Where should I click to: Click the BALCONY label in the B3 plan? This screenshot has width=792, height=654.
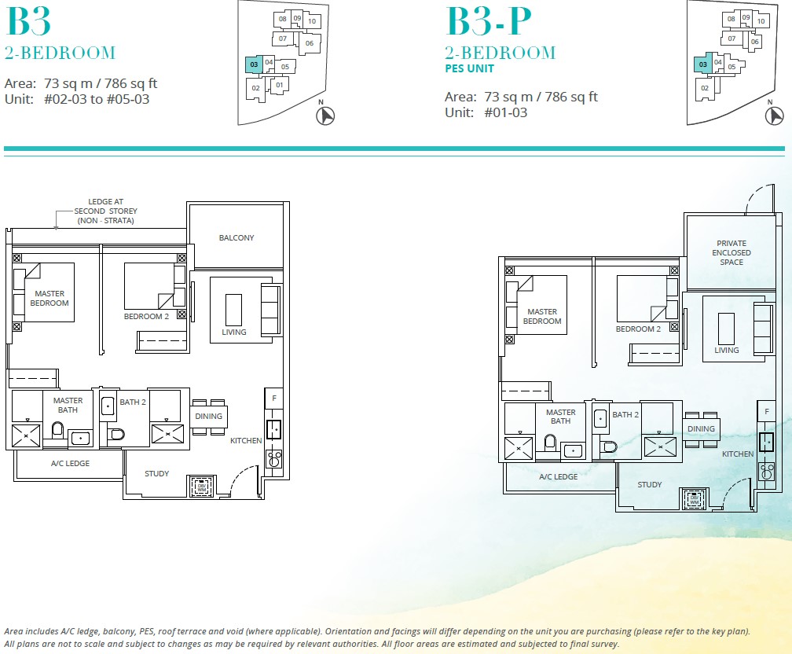pos(236,237)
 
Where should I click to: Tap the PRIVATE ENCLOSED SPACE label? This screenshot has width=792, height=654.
pos(731,252)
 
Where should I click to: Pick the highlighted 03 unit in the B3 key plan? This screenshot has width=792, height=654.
pos(254,64)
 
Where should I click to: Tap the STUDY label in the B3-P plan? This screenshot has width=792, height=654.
pos(650,484)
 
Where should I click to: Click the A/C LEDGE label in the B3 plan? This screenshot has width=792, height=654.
pos(71,463)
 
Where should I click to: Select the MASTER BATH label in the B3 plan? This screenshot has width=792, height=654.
pos(68,405)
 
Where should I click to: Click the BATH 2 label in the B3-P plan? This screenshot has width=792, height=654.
pos(625,414)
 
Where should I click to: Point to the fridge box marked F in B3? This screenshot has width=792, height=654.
pos(273,399)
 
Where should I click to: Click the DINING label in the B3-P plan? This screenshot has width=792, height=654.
pos(701,428)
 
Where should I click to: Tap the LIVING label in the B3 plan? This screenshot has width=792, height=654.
pos(234,332)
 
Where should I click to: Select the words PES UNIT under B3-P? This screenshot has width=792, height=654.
pos(470,68)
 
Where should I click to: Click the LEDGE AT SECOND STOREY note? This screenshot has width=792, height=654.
pos(106,211)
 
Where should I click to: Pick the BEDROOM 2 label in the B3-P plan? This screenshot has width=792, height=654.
pos(638,329)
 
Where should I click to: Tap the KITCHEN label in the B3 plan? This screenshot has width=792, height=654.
pos(246,440)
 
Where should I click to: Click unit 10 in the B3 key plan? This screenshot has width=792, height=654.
pos(312,21)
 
